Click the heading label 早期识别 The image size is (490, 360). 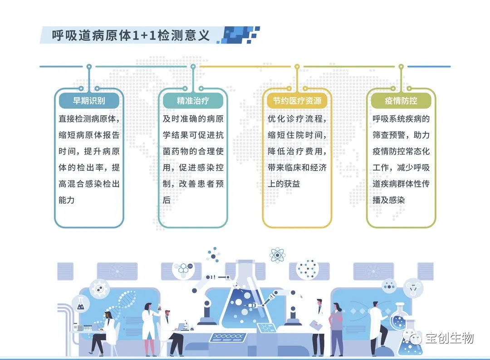click(89, 101)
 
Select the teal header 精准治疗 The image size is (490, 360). click(193, 101)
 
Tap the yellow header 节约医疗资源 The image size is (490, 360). click(297, 101)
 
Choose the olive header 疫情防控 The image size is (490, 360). click(401, 101)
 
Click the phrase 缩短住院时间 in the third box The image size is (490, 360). click(297, 135)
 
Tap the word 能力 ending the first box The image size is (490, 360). click(66, 200)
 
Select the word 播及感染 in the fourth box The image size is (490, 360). click(389, 200)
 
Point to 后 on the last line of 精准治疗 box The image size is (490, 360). click(167, 200)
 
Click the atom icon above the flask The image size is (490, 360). click(277, 255)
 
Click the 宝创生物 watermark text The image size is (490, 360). click(449, 338)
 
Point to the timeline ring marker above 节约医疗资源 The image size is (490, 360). click(297, 67)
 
